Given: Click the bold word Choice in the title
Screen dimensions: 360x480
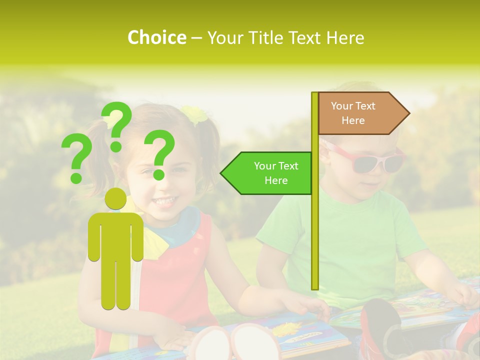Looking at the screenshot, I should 156,37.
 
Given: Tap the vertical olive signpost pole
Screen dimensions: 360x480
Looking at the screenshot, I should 315,225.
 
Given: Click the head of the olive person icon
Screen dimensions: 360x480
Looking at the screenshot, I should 116,198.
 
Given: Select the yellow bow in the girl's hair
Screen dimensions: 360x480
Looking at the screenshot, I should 194,114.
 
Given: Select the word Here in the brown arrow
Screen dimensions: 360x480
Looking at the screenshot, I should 353,120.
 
